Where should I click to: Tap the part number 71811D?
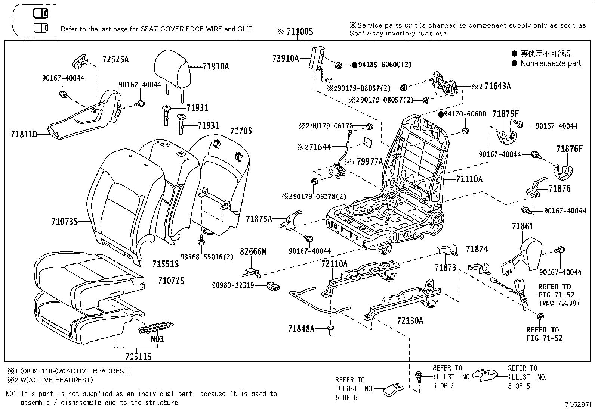point(24,134)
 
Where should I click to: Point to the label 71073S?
point(64,222)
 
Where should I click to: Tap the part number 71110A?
point(469,179)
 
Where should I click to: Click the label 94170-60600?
point(465,114)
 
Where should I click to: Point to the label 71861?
point(522,226)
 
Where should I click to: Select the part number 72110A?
point(334,264)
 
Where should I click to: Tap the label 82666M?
point(253,252)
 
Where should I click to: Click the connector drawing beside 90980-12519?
point(273,287)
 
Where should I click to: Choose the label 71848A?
point(301,329)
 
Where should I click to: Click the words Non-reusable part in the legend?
point(551,63)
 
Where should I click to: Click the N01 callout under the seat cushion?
point(157,339)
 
